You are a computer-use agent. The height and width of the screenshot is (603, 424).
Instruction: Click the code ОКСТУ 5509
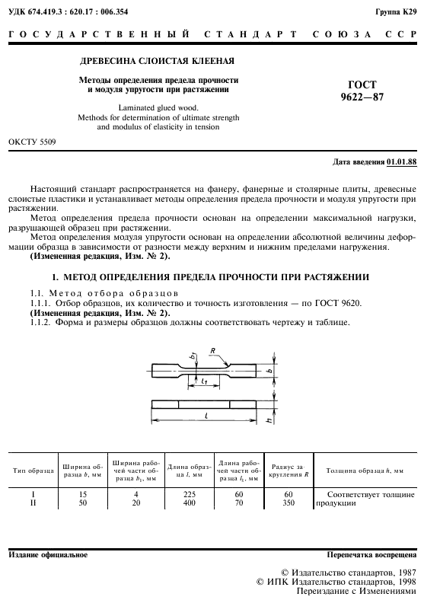(x=30, y=142)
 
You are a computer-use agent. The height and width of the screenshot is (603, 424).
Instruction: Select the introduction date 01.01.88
(x=401, y=162)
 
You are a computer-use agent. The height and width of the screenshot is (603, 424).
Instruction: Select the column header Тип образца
(x=33, y=471)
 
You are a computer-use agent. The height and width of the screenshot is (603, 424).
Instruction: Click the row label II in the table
(x=33, y=502)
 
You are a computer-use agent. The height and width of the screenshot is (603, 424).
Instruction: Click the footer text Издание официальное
(x=48, y=554)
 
